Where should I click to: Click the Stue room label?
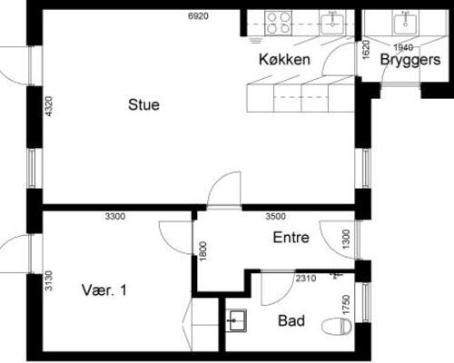(143, 104)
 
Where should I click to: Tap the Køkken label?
(284, 59)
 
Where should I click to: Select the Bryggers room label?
(410, 60)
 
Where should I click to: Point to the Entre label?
(291, 238)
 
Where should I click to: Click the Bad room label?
(291, 320)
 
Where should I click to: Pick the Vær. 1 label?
(104, 290)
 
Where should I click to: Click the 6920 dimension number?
(198, 16)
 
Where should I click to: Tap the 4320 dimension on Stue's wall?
(48, 106)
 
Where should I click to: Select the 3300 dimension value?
(115, 216)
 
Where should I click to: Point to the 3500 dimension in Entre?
(275, 216)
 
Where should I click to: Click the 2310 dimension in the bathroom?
(306, 278)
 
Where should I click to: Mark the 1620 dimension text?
(366, 50)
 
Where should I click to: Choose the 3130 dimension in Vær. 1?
(48, 280)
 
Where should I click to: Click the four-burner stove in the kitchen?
(278, 22)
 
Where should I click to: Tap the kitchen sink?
(332, 23)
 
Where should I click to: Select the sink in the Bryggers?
(405, 23)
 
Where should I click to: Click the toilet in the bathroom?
(337, 327)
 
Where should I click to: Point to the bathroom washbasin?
(236, 320)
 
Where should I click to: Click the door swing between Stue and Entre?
(224, 190)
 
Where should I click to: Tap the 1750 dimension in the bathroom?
(346, 305)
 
